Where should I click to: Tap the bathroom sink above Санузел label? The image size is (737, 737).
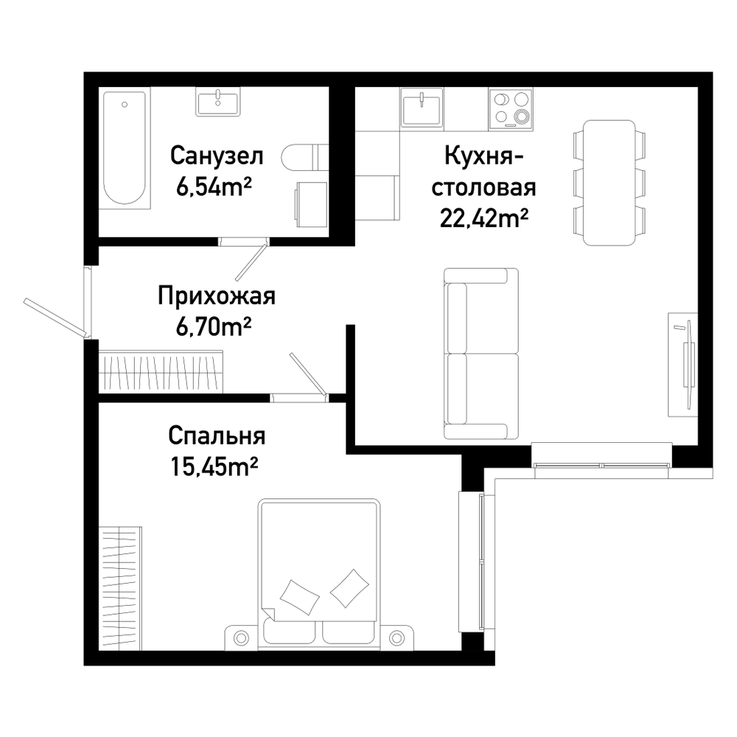click(218, 101)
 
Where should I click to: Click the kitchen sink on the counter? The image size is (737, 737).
click(422, 108)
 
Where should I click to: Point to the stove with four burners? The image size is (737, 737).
click(511, 108)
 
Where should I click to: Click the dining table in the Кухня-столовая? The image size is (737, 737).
click(609, 182)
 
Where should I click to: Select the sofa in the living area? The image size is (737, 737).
click(481, 354)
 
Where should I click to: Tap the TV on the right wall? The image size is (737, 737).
click(683, 364)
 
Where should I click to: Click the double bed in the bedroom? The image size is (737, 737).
click(318, 574)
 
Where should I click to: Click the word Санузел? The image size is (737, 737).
click(217, 156)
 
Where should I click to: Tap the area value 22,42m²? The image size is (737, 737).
click(484, 217)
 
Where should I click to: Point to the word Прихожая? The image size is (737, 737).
click(216, 296)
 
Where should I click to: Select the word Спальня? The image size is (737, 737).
click(217, 436)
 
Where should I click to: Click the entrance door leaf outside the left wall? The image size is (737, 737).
click(56, 318)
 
